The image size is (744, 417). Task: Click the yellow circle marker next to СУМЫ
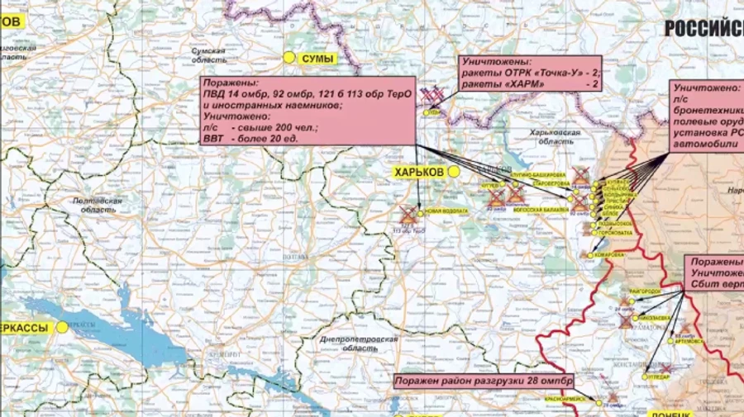[x=289, y=58]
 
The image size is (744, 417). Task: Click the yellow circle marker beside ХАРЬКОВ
[x=454, y=172]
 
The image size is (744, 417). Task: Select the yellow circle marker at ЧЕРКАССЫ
[x=62, y=327]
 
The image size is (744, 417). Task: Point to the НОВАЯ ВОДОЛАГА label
[x=446, y=211]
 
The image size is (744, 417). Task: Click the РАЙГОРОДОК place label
[x=645, y=291]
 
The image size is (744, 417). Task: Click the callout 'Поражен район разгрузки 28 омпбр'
[x=483, y=381]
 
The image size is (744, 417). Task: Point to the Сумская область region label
[x=208, y=55]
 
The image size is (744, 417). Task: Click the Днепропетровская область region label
[x=359, y=344]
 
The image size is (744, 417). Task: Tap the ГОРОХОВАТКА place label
[x=615, y=233]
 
